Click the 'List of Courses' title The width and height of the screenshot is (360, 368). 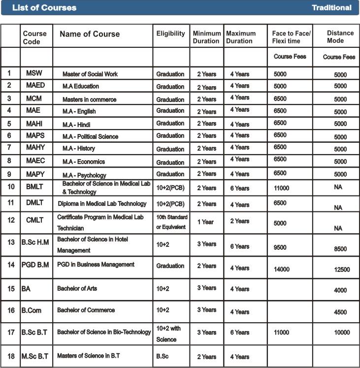pos(44,7)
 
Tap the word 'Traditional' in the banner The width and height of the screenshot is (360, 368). pos(331,7)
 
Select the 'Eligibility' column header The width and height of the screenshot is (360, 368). pos(170,33)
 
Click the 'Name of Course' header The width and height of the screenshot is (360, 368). pos(90,34)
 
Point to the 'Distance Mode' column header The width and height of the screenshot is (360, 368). pos(340,36)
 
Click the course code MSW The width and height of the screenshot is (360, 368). pos(34,73)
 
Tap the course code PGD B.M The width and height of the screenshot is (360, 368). pos(35,265)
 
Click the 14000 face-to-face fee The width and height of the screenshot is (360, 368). pos(282,269)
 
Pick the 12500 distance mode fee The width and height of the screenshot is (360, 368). pos(341,269)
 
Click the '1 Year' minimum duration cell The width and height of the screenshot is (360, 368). pos(205,222)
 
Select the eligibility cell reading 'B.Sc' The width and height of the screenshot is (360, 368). pos(163,356)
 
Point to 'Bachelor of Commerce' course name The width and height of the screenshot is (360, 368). pos(86,310)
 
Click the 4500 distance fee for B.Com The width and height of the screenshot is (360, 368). pos(340,312)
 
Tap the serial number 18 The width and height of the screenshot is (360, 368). pos(10,356)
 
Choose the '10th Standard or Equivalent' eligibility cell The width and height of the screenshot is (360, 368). pos(171,222)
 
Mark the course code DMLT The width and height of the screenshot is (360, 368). pos(35,203)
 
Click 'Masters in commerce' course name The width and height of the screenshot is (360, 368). pos(89,100)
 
